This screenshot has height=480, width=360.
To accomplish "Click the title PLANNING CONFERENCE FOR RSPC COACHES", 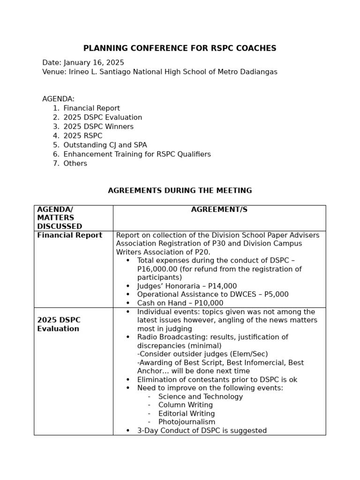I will pyautogui.click(x=180, y=48).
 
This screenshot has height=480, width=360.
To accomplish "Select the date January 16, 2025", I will pyautogui.click(x=94, y=62).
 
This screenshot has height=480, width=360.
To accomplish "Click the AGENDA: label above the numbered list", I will pyautogui.click(x=58, y=99).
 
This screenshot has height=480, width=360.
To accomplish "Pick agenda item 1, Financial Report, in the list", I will pyautogui.click(x=91, y=108).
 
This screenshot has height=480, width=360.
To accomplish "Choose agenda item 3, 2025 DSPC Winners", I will pyautogui.click(x=98, y=127).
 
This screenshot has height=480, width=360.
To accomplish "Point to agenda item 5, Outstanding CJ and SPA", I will pyautogui.click(x=105, y=145).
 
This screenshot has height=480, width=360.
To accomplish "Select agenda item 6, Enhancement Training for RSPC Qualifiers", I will pyautogui.click(x=137, y=154).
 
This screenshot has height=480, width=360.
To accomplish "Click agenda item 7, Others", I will pyautogui.click(x=75, y=164).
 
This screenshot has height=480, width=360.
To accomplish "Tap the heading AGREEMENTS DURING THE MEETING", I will pyautogui.click(x=180, y=191).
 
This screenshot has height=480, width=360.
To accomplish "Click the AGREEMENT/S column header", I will pyautogui.click(x=219, y=210).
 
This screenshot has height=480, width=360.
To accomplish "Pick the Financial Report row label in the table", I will pyautogui.click(x=69, y=235).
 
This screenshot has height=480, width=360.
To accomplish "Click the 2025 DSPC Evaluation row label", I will pyautogui.click(x=59, y=324).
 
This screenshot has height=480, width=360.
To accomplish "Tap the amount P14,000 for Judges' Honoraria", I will pyautogui.click(x=223, y=286).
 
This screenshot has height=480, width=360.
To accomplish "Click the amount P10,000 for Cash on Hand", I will pyautogui.click(x=209, y=303).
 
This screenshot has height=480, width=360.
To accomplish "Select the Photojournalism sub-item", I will pyautogui.click(x=187, y=422).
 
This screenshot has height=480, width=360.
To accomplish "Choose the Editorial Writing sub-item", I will pyautogui.click(x=186, y=413).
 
